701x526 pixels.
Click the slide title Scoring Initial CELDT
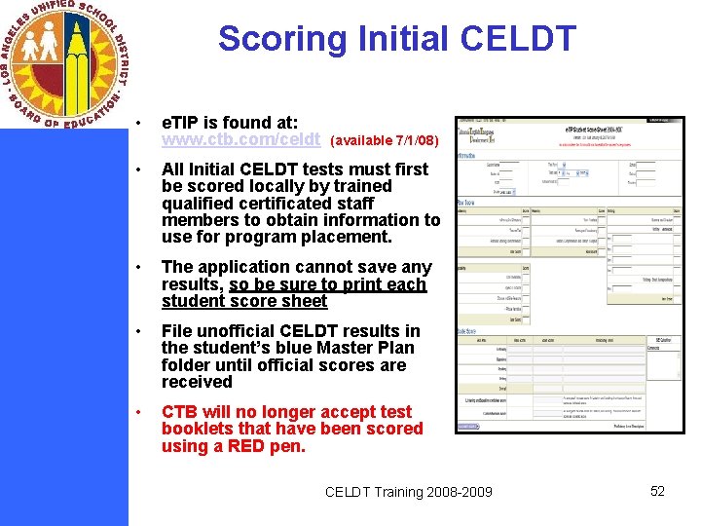pyautogui.click(x=397, y=39)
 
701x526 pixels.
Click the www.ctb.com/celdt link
pyautogui.click(x=240, y=139)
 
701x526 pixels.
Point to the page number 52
pyautogui.click(x=657, y=491)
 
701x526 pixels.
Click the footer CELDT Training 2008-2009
pyautogui.click(x=409, y=492)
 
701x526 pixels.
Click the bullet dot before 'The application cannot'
pyautogui.click(x=141, y=268)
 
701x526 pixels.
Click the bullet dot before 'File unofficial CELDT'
pyautogui.click(x=141, y=332)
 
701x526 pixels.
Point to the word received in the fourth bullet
pyautogui.click(x=197, y=382)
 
